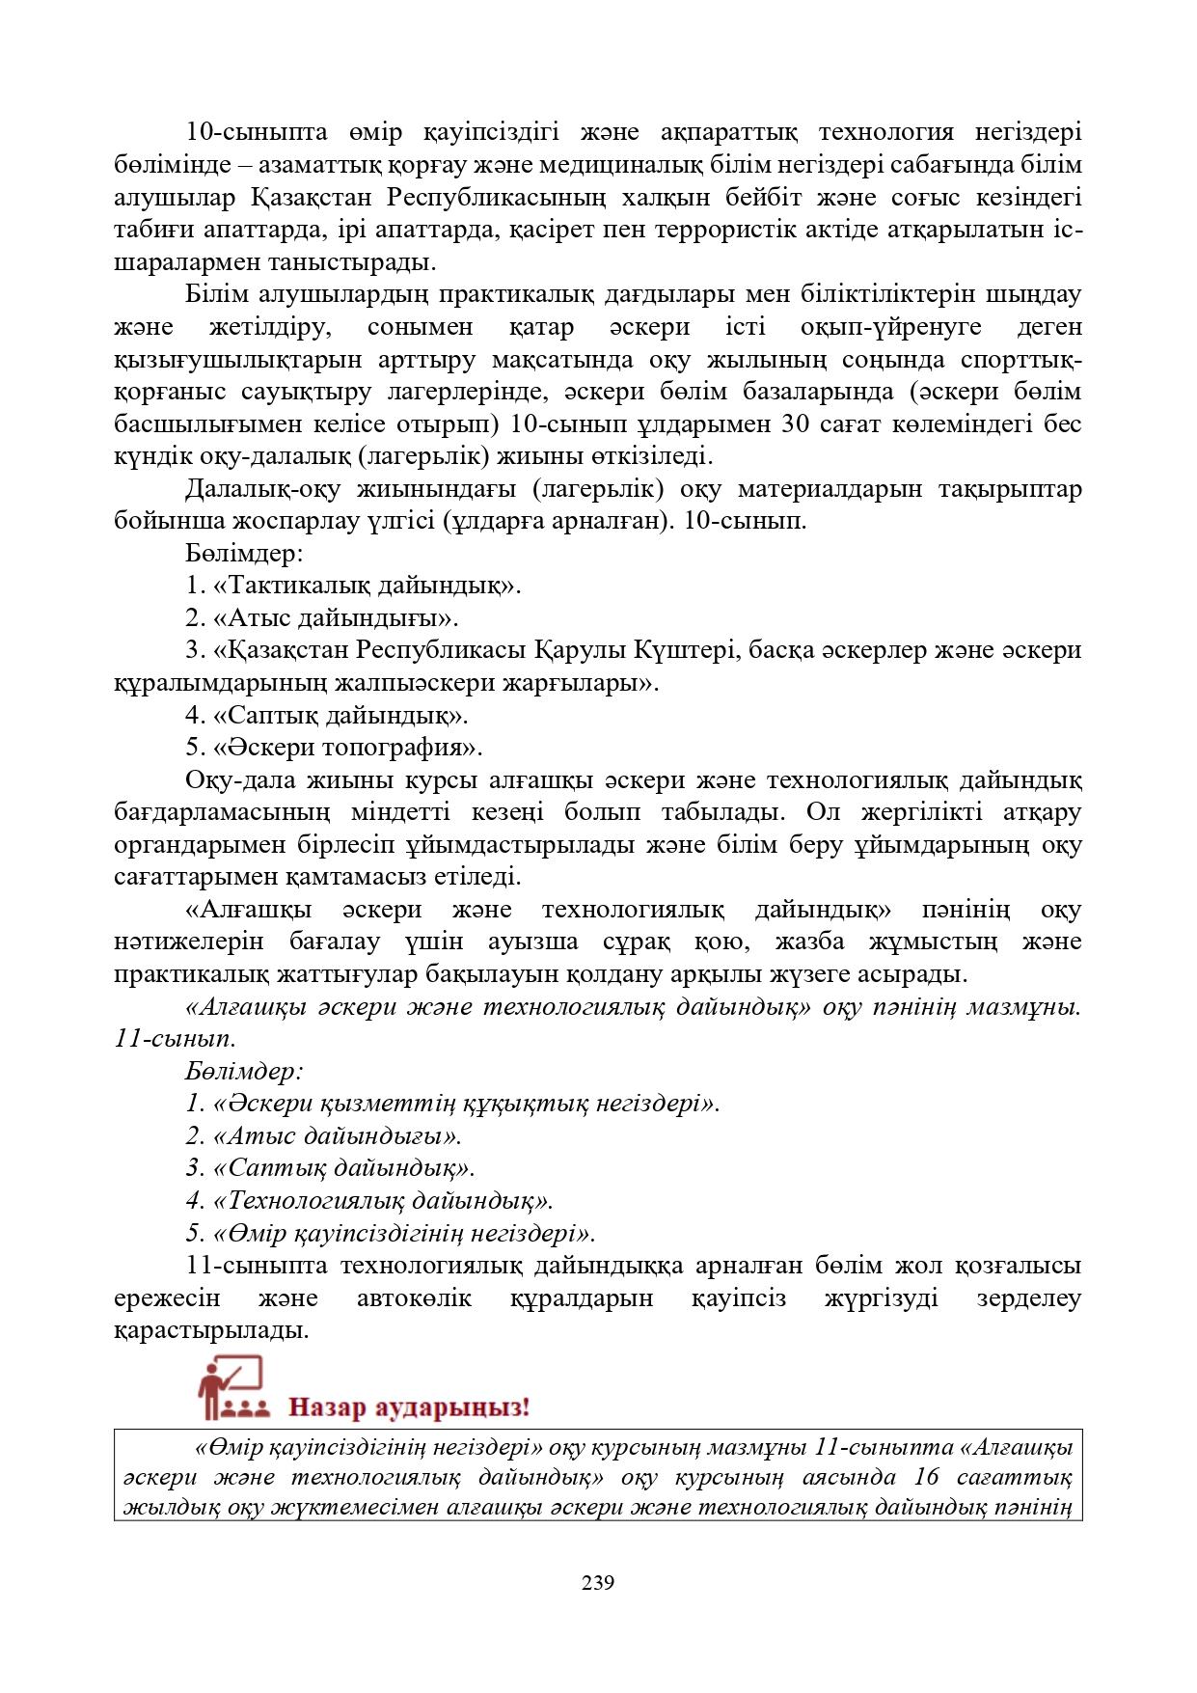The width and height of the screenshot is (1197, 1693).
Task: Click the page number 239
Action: coord(598,1582)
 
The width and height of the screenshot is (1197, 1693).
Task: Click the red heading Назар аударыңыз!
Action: coord(410,1406)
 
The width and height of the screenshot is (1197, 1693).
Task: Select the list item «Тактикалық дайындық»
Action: coord(353,586)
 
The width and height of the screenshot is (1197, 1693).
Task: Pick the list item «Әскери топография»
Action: coord(334,748)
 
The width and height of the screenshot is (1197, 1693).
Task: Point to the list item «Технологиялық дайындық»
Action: coord(369,1201)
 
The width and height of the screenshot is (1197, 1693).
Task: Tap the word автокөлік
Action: coord(414,1298)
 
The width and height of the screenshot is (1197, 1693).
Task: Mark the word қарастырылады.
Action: coord(211,1331)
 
